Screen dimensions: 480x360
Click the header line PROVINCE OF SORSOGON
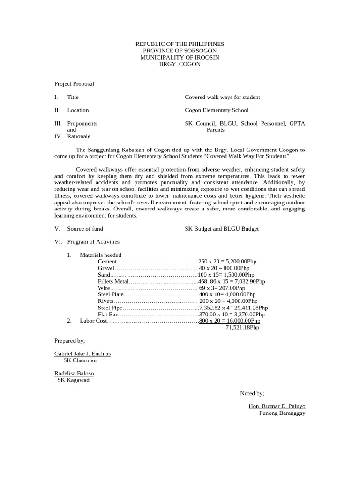point(180,51)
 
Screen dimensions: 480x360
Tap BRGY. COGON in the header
point(180,64)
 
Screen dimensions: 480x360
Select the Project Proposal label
point(74,84)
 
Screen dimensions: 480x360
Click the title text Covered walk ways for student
point(222,97)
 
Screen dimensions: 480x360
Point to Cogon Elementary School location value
point(217,110)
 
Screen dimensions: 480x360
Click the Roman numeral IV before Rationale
point(58,136)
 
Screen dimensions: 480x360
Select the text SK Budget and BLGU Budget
point(222,229)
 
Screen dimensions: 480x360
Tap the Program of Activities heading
point(93,242)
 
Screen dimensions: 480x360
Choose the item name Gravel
point(106,268)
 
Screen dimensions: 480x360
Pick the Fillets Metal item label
point(113,281)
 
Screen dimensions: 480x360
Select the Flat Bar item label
point(108,314)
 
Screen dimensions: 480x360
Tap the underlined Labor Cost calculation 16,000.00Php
point(230,321)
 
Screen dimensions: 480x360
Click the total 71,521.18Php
point(242,327)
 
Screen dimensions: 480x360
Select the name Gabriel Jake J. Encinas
point(82,353)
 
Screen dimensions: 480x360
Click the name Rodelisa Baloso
point(74,373)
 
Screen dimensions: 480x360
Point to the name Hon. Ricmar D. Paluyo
point(277,406)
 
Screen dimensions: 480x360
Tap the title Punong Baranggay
point(282,413)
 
